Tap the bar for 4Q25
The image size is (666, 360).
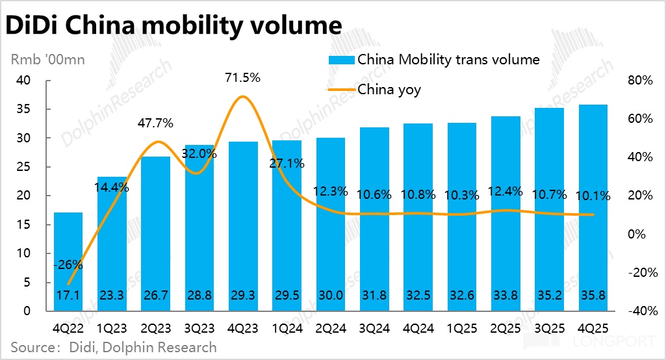[593, 208]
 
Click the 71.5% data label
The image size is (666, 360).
[242, 77]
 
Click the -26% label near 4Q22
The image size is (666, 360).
[68, 264]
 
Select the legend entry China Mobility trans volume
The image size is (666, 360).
[448, 60]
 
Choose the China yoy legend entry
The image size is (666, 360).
[389, 90]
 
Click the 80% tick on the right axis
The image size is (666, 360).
[639, 81]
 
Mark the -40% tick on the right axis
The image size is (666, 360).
[638, 311]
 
